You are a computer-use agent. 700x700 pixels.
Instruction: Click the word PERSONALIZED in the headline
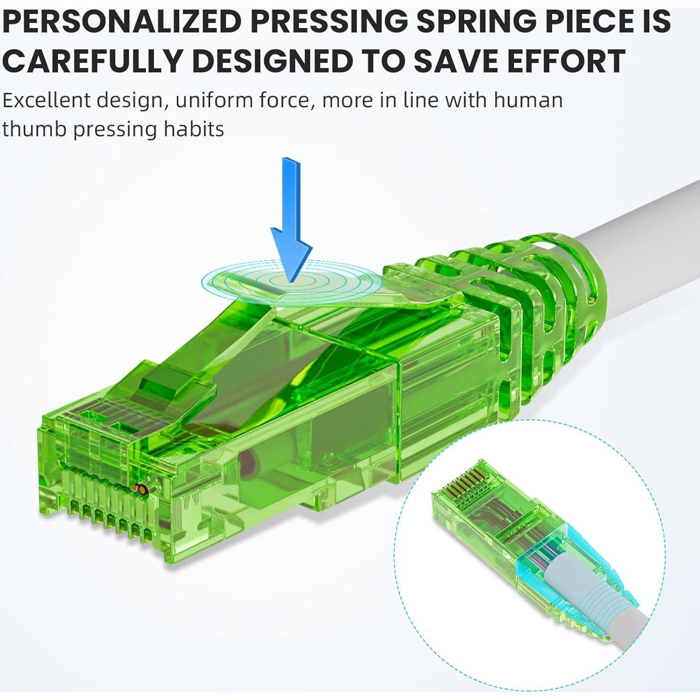coord(121,21)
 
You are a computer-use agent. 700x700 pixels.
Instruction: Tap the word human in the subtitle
coord(528,100)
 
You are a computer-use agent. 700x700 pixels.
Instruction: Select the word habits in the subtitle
coord(194,129)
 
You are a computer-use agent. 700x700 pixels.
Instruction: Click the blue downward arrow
coord(291,219)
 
